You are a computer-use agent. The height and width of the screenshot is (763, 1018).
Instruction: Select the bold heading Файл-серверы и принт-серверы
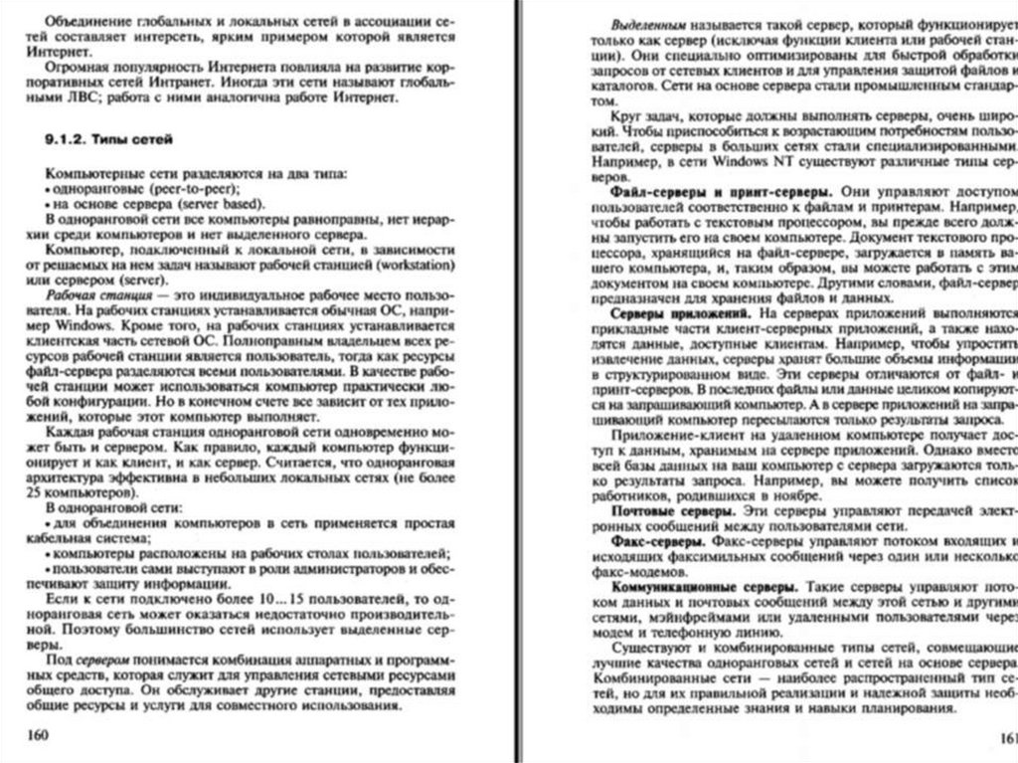[722, 189]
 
